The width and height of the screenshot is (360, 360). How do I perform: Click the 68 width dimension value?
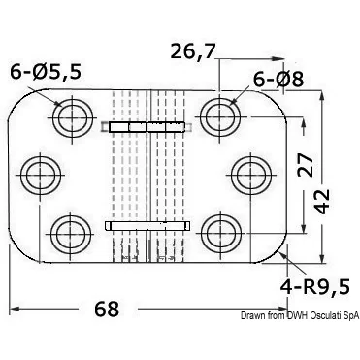tap(107, 309)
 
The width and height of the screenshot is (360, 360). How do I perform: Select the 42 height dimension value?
tap(322, 202)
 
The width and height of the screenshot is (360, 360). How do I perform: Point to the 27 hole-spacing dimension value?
tap(305, 165)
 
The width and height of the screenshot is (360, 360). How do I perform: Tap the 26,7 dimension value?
tap(193, 51)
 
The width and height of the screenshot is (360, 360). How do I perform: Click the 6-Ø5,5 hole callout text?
tap(46, 72)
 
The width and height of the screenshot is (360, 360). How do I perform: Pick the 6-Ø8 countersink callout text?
tap(278, 80)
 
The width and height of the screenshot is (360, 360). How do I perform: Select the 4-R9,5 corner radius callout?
tap(315, 286)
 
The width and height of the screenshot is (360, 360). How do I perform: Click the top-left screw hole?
tap(73, 116)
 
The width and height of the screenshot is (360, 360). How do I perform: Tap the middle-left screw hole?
tap(40, 175)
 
